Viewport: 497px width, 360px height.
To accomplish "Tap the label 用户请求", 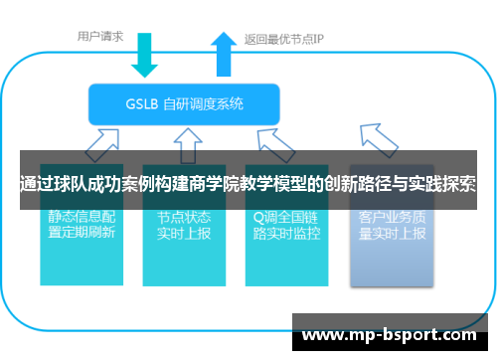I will click(x=100, y=36).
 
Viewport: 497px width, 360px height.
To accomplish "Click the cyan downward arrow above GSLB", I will click(x=146, y=56).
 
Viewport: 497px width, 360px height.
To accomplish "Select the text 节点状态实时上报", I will click(x=183, y=225).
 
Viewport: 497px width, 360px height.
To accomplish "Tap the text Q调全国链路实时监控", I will click(x=286, y=225).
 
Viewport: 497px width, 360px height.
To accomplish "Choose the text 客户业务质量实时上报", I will click(x=392, y=225).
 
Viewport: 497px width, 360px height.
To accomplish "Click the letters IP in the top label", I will click(x=321, y=41).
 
